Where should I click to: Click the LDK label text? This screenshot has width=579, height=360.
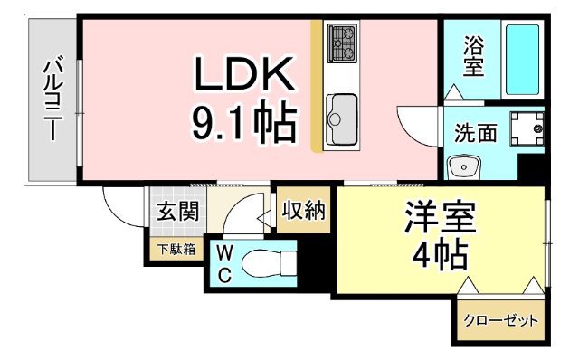click(242, 74)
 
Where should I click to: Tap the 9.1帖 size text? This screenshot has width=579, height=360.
click(242, 124)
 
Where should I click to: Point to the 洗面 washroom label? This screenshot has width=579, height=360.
click(475, 133)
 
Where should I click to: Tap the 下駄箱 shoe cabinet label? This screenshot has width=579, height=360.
click(176, 250)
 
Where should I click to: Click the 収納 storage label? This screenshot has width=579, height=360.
click(304, 211)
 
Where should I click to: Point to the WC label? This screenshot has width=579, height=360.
click(223, 262)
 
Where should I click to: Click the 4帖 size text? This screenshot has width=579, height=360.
click(439, 254)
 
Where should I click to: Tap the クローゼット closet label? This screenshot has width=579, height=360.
click(500, 320)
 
